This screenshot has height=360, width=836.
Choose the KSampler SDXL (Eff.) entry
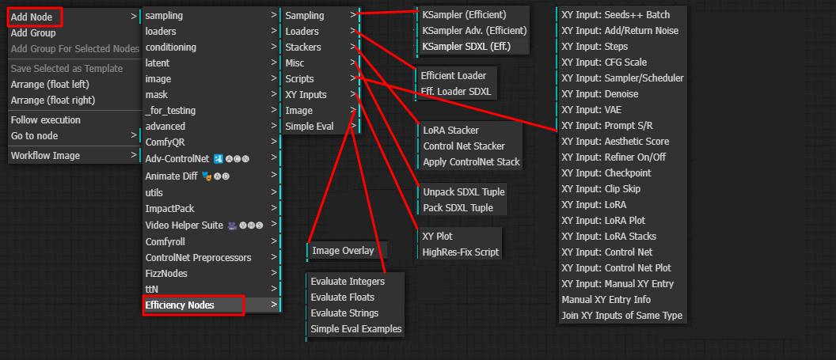(465, 47)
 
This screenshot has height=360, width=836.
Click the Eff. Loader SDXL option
(455, 91)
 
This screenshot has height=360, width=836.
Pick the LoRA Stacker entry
(450, 130)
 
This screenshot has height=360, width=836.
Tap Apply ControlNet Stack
(471, 161)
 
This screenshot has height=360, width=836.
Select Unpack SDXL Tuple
(463, 191)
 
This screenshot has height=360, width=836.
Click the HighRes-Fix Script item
(461, 252)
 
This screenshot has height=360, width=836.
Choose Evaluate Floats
(344, 297)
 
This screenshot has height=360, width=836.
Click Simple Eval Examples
(355, 328)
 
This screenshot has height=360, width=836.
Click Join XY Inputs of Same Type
(621, 315)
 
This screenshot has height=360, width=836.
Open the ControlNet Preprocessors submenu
(198, 257)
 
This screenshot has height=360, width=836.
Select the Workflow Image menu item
(45, 155)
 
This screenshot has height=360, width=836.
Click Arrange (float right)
(52, 100)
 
